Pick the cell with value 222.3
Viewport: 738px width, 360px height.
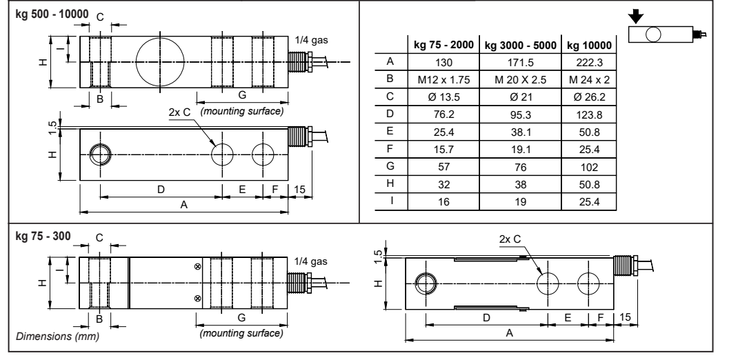[588, 62]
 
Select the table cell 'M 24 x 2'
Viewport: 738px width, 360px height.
[588, 79]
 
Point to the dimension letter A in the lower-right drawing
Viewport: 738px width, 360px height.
[508, 332]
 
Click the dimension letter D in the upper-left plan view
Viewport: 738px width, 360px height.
[161, 188]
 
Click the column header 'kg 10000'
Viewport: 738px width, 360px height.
[588, 46]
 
